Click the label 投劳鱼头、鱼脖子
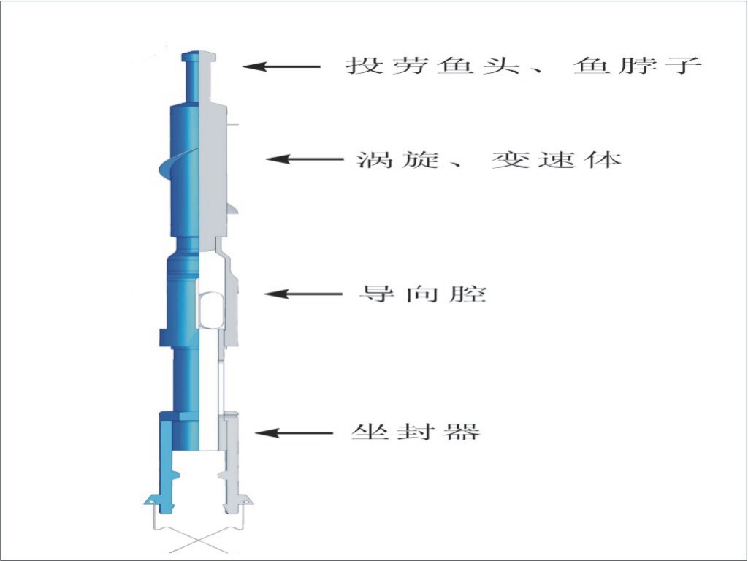(523, 65)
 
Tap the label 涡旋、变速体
(489, 159)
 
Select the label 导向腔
(423, 294)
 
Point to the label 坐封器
(416, 432)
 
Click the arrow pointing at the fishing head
(281, 66)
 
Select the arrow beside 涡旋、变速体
(305, 159)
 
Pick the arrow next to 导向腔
(303, 294)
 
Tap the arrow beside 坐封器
(294, 432)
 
